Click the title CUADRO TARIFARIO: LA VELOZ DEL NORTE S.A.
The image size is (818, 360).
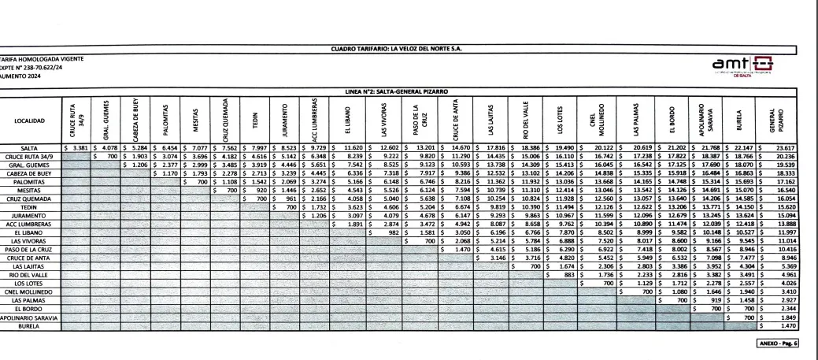tap(402, 50)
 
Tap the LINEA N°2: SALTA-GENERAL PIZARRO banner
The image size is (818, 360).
tap(402, 91)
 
